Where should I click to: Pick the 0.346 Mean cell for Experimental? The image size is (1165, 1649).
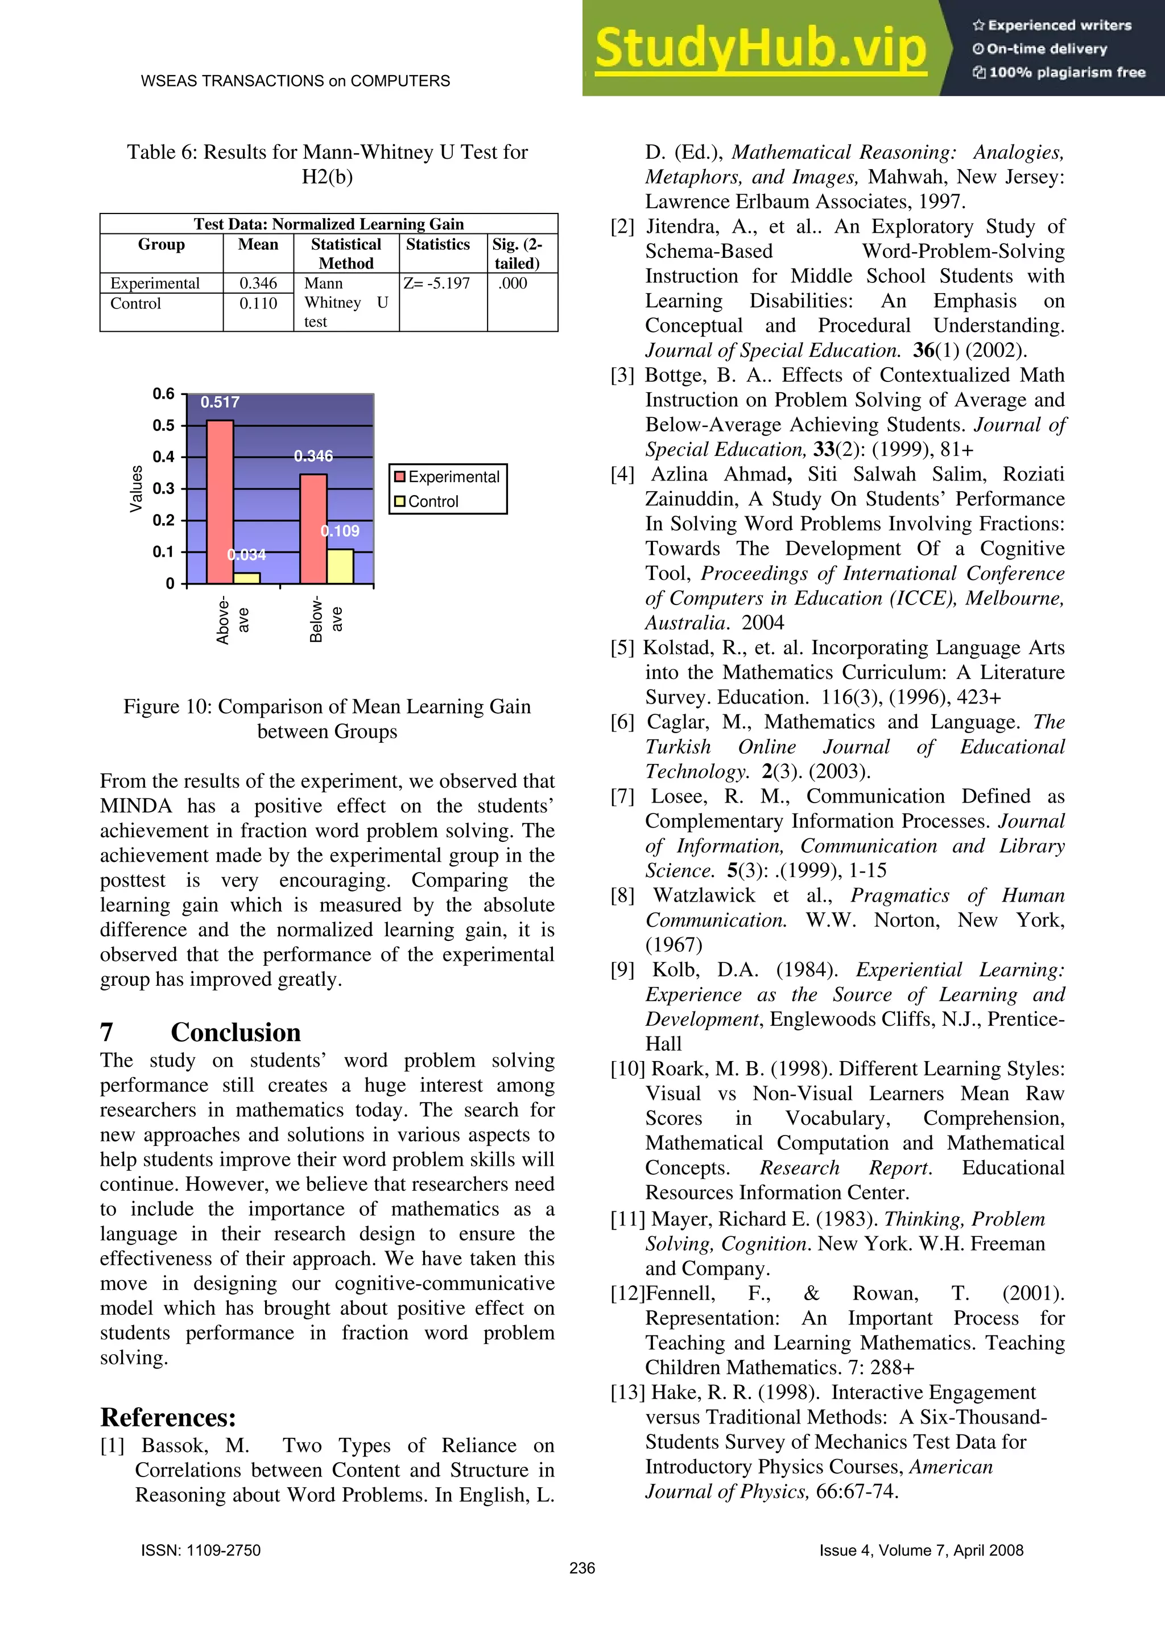pyautogui.click(x=258, y=283)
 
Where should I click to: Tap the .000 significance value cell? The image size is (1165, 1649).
pyautogui.click(x=513, y=283)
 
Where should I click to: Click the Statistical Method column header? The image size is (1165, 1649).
pyautogui.click(x=346, y=253)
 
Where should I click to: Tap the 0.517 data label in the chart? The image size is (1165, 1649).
pyautogui.click(x=220, y=402)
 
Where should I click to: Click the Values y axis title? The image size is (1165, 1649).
pyautogui.click(x=135, y=488)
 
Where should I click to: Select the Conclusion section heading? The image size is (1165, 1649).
pyautogui.click(x=236, y=1032)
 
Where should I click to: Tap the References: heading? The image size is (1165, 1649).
pyautogui.click(x=168, y=1417)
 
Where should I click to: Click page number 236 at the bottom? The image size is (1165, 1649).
pyautogui.click(x=581, y=1568)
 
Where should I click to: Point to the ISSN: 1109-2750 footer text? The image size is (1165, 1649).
pyautogui.click(x=201, y=1550)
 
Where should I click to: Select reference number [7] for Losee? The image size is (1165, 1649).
pyautogui.click(x=622, y=796)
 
